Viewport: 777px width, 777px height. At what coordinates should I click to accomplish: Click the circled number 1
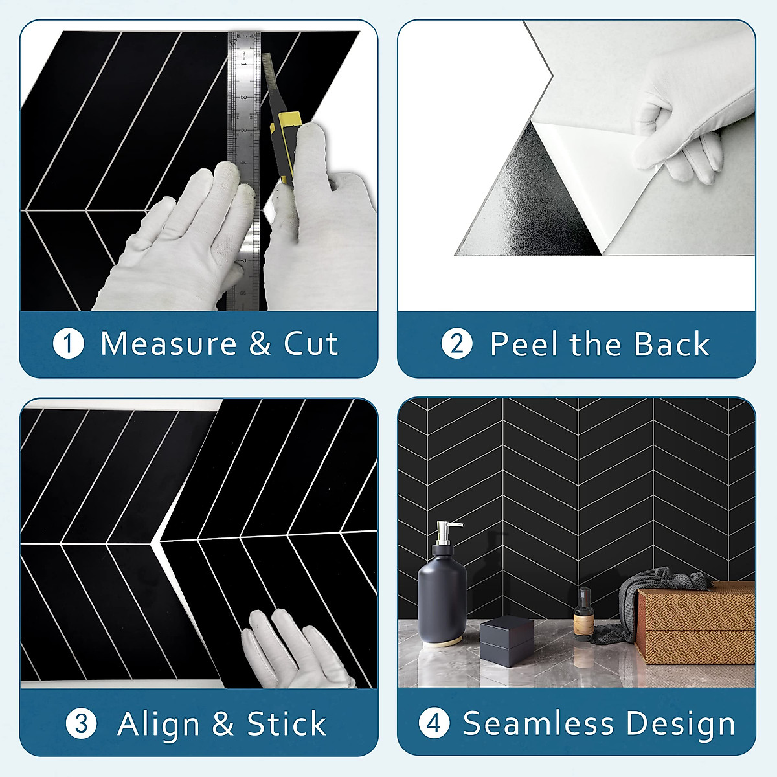[68, 344]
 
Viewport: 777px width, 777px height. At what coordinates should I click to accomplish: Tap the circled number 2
[456, 344]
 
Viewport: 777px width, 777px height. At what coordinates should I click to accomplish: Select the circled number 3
[82, 723]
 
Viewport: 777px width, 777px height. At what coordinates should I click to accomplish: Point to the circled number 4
[434, 723]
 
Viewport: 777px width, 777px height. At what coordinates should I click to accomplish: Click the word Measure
[168, 344]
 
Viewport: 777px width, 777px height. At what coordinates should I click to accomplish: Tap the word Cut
[311, 344]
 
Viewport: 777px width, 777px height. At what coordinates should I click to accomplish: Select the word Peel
[525, 344]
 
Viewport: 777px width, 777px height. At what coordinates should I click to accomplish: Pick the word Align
[158, 723]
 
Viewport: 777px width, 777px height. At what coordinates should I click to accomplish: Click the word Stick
[286, 723]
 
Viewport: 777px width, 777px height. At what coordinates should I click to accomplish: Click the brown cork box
[696, 622]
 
